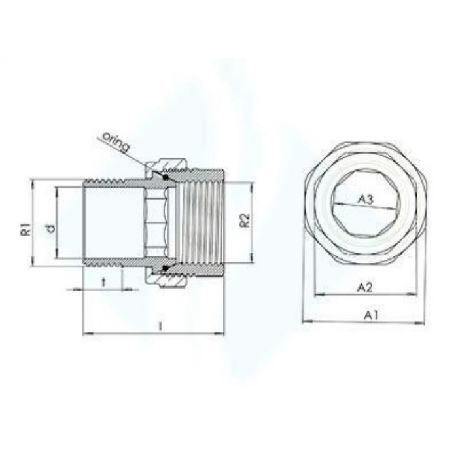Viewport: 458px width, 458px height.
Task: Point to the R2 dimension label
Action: click(x=243, y=220)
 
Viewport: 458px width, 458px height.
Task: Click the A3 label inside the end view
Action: click(x=365, y=200)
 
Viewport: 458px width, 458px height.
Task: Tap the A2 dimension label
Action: click(x=364, y=287)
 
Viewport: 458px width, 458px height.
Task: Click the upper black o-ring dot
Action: click(x=166, y=177)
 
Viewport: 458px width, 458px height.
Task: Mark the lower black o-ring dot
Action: click(x=166, y=268)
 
